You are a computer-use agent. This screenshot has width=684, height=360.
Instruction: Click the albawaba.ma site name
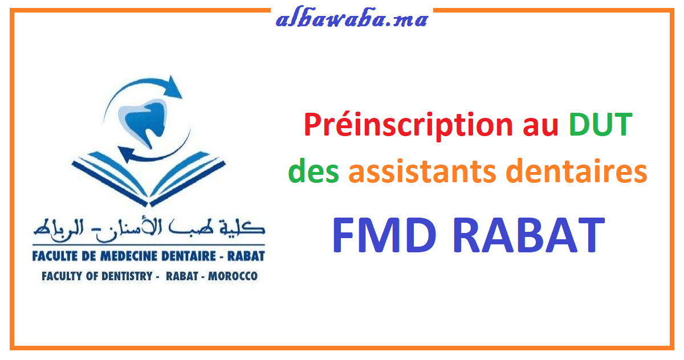coord(352,20)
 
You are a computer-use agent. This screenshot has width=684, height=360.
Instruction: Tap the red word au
coord(540,125)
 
